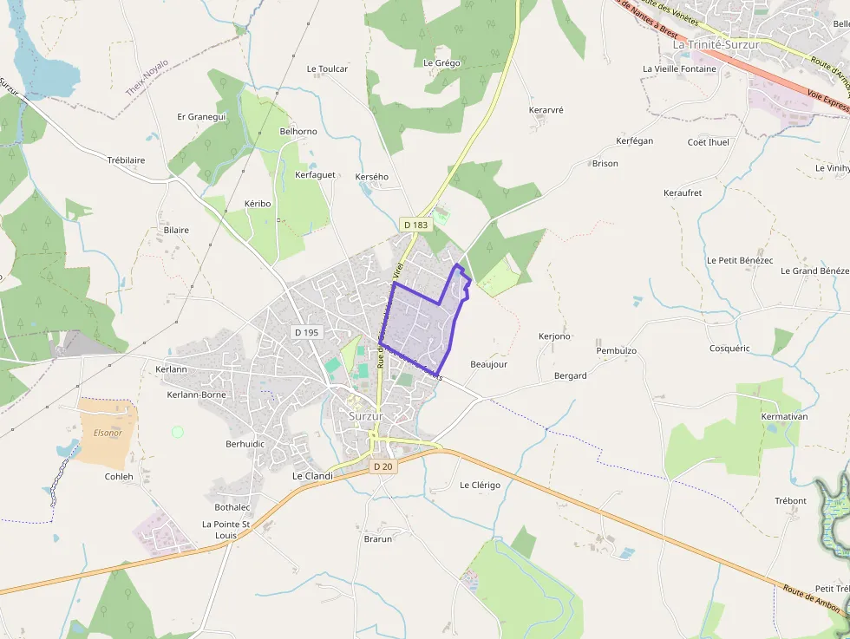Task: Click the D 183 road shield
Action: click(416, 225)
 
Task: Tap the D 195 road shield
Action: click(307, 332)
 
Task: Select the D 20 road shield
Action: click(383, 466)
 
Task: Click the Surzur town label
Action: click(366, 416)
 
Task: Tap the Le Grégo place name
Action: click(441, 63)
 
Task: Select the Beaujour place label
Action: click(488, 364)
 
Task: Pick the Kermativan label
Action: click(783, 417)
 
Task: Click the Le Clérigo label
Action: click(480, 485)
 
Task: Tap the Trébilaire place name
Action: click(126, 160)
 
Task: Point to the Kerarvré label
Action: click(546, 110)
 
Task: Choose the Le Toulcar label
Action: click(328, 68)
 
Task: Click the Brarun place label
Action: click(378, 538)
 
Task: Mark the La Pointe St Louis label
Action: click(226, 530)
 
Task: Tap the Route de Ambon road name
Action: click(810, 598)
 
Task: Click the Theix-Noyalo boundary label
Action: click(147, 77)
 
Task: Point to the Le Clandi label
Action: click(312, 476)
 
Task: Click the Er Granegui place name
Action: click(201, 117)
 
